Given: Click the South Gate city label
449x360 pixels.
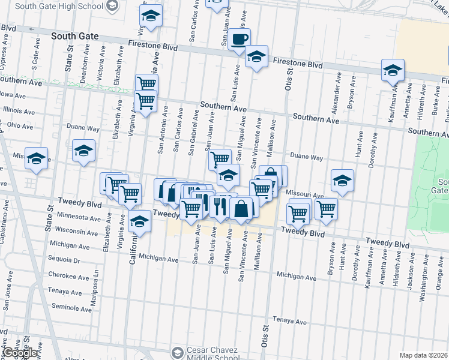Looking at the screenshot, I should [x=74, y=36].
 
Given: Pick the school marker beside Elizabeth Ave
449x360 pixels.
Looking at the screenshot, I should [x=83, y=151].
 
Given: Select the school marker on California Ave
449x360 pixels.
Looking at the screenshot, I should [x=139, y=222].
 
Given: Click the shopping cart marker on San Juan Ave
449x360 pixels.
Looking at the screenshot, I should [x=220, y=159].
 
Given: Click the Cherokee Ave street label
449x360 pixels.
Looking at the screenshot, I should [x=70, y=276].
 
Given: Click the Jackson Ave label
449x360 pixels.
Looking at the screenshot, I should [x=410, y=274].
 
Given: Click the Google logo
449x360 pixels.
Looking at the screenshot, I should [x=19, y=353].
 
